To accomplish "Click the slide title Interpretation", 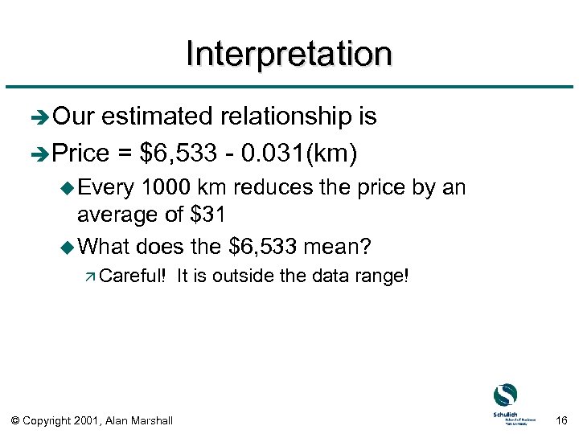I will coord(289,55).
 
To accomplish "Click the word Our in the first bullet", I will coord(73,117).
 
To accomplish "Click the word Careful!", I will coord(133,276).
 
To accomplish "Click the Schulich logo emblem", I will coord(505,395).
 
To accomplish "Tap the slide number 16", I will coord(561,420).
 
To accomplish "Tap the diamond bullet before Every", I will coord(68,188).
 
